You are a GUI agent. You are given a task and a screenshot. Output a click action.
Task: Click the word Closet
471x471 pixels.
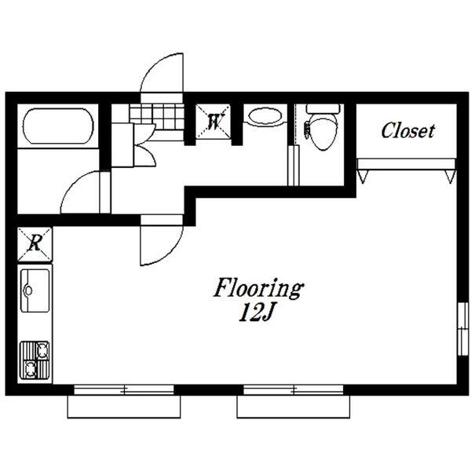pos(407,130)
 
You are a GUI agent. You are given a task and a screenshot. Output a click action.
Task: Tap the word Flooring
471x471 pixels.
pos(258,288)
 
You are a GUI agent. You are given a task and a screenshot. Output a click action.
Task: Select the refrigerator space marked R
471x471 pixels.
pos(35,244)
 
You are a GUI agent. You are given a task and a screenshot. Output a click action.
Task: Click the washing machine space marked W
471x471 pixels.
pos(214,122)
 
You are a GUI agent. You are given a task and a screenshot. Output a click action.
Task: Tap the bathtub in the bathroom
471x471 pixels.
pos(58,126)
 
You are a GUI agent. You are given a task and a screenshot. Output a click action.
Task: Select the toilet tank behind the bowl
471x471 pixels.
pos(323,108)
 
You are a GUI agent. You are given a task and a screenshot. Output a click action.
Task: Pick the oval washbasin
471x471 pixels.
pos(265,116)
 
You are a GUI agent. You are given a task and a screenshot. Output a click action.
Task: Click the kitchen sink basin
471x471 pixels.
pos(35,290)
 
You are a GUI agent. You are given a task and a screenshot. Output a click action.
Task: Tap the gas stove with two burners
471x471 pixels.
pos(35,360)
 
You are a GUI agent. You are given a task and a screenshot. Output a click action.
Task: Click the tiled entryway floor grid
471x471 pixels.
pos(156,117)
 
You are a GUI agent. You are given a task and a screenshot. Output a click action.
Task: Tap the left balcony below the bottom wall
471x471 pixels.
pos(124,407)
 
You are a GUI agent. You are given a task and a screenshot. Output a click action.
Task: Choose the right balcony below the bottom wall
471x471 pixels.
pos(293,407)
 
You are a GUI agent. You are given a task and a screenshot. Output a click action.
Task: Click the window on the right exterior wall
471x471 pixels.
pos(463,329)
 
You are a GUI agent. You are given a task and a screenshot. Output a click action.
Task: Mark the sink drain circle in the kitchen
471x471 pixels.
pos(29,290)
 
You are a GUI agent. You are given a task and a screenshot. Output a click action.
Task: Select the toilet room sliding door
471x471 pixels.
pos(293,166)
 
